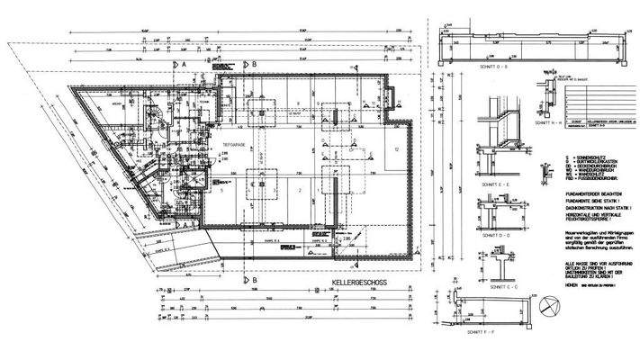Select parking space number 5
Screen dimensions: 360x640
pos(220,191)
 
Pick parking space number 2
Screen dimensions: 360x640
pos(300,191)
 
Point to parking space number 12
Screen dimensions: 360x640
pos(395,148)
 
